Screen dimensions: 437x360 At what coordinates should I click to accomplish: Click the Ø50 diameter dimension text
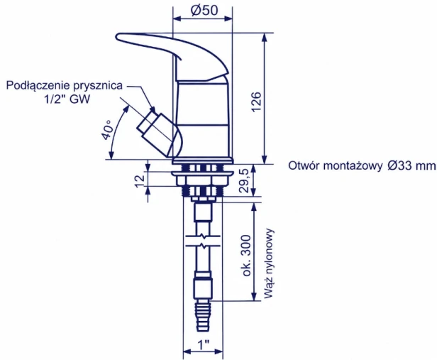pos(204,11)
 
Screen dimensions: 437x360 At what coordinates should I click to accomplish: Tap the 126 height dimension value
pos(256,102)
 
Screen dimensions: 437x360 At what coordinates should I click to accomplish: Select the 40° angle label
pos(106,130)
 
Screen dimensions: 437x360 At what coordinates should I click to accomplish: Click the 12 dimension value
pos(140,181)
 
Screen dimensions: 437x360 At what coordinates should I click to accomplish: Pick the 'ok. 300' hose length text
pos(247,256)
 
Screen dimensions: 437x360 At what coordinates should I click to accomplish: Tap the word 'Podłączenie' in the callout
pos(38,86)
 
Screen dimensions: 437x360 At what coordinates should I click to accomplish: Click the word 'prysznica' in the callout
pos(98,86)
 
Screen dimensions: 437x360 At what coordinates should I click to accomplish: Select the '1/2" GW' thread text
pos(67,99)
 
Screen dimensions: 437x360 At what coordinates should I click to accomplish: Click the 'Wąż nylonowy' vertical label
pos(268,263)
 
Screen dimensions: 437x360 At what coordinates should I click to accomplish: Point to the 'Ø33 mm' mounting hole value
pos(411,165)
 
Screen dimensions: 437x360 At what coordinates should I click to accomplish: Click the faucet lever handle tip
pos(117,36)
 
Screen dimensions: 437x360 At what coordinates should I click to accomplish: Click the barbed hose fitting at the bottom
pos(204,316)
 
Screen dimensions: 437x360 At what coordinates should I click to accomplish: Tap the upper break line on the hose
pos(204,237)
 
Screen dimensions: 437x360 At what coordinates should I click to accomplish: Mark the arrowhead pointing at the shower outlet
pos(152,109)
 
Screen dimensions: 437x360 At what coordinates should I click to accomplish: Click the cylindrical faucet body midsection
pos(204,103)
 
